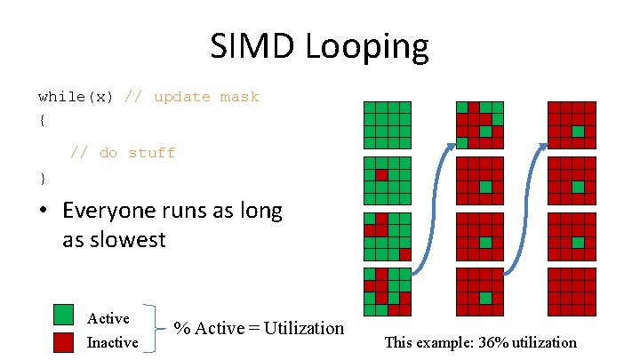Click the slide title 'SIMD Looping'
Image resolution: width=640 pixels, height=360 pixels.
319,46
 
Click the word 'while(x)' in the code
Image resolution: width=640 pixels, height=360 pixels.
76,97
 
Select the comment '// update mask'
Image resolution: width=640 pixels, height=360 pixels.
192,97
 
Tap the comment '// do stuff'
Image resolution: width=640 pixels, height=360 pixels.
123,153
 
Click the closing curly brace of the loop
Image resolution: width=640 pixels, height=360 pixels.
42,177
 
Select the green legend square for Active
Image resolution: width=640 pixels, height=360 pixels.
64,315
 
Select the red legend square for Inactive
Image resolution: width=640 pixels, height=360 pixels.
64,342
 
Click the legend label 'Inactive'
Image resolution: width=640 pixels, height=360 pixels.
112,342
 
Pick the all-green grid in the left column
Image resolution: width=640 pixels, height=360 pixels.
387,124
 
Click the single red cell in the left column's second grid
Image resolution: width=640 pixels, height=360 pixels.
381,175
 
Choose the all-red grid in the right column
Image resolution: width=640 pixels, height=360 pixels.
572,292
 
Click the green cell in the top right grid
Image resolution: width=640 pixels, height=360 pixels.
578,131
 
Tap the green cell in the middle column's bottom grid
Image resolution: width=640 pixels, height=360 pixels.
485,298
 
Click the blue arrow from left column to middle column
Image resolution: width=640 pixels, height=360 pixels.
436,204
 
